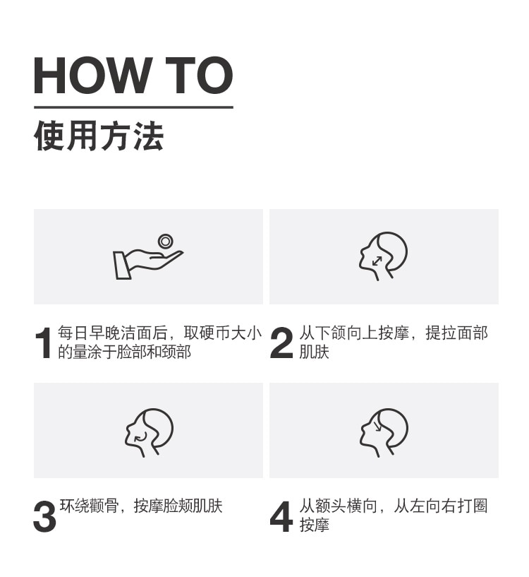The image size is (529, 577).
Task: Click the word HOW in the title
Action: pyautogui.click(x=92, y=76)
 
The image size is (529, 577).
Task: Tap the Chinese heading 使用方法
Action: pyautogui.click(x=99, y=136)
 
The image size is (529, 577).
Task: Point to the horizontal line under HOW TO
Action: pyautogui.click(x=133, y=107)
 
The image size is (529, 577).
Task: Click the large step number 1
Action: pyautogui.click(x=44, y=343)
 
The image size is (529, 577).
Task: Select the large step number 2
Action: pyautogui.click(x=281, y=343)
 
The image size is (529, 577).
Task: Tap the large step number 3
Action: pyautogui.click(x=44, y=516)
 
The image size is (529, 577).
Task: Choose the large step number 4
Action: pyautogui.click(x=281, y=516)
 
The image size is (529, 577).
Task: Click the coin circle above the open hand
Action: pyautogui.click(x=166, y=242)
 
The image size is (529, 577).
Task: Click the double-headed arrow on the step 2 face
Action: pyautogui.click(x=377, y=261)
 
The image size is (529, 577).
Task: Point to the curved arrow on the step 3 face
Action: pyautogui.click(x=141, y=436)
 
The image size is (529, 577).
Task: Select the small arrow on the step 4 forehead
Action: pyautogui.click(x=377, y=426)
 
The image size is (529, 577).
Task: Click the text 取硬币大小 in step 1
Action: pyautogui.click(x=223, y=333)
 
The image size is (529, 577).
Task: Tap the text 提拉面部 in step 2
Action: pyautogui.click(x=456, y=333)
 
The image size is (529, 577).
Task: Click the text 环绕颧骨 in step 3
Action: pyautogui.click(x=89, y=506)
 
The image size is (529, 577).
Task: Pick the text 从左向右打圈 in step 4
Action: pyautogui.click(x=441, y=506)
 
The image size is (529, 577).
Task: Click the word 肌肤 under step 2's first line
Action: pyautogui.click(x=314, y=352)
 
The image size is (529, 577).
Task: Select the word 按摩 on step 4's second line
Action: pyautogui.click(x=314, y=525)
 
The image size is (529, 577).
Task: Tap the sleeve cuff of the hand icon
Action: pyautogui.click(x=122, y=266)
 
